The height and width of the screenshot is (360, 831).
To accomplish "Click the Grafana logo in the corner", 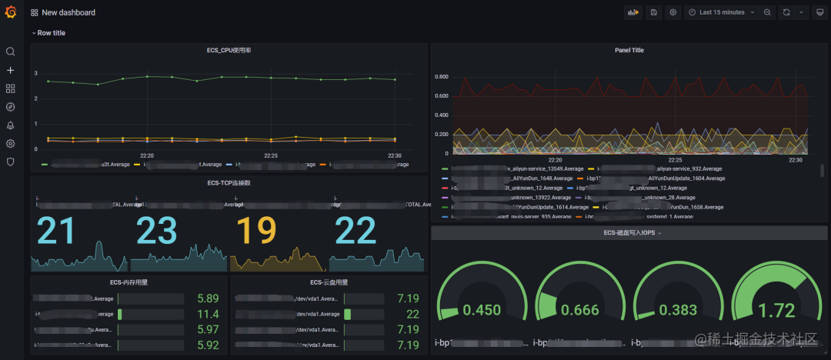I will click(x=11, y=12).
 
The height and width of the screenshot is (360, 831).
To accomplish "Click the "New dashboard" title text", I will click(x=69, y=13).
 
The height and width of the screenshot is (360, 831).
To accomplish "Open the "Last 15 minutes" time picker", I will click(x=722, y=12).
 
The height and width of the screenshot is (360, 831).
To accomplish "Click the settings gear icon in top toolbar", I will click(x=673, y=12).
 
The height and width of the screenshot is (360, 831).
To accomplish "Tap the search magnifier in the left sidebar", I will click(x=11, y=52).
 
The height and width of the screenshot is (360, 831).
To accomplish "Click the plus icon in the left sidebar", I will click(x=11, y=70).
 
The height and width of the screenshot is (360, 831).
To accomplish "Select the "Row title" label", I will click(x=52, y=33).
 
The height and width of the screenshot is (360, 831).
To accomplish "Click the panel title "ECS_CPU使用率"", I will click(x=229, y=50).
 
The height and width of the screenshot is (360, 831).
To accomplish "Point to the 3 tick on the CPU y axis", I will click(x=36, y=73).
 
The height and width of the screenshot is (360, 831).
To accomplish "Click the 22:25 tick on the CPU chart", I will click(x=270, y=155).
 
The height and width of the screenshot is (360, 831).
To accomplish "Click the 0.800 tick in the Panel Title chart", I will click(x=442, y=77).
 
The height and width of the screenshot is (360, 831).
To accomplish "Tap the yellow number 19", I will click(x=253, y=231).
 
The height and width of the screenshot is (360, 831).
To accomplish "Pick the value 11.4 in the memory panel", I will click(x=208, y=315).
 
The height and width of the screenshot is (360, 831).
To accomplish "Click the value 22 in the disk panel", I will click(x=412, y=315).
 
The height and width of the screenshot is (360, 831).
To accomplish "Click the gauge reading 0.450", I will click(x=482, y=310).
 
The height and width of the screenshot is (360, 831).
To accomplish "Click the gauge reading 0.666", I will click(x=579, y=310).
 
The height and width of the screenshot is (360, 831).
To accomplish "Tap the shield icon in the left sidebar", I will click(x=11, y=162).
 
